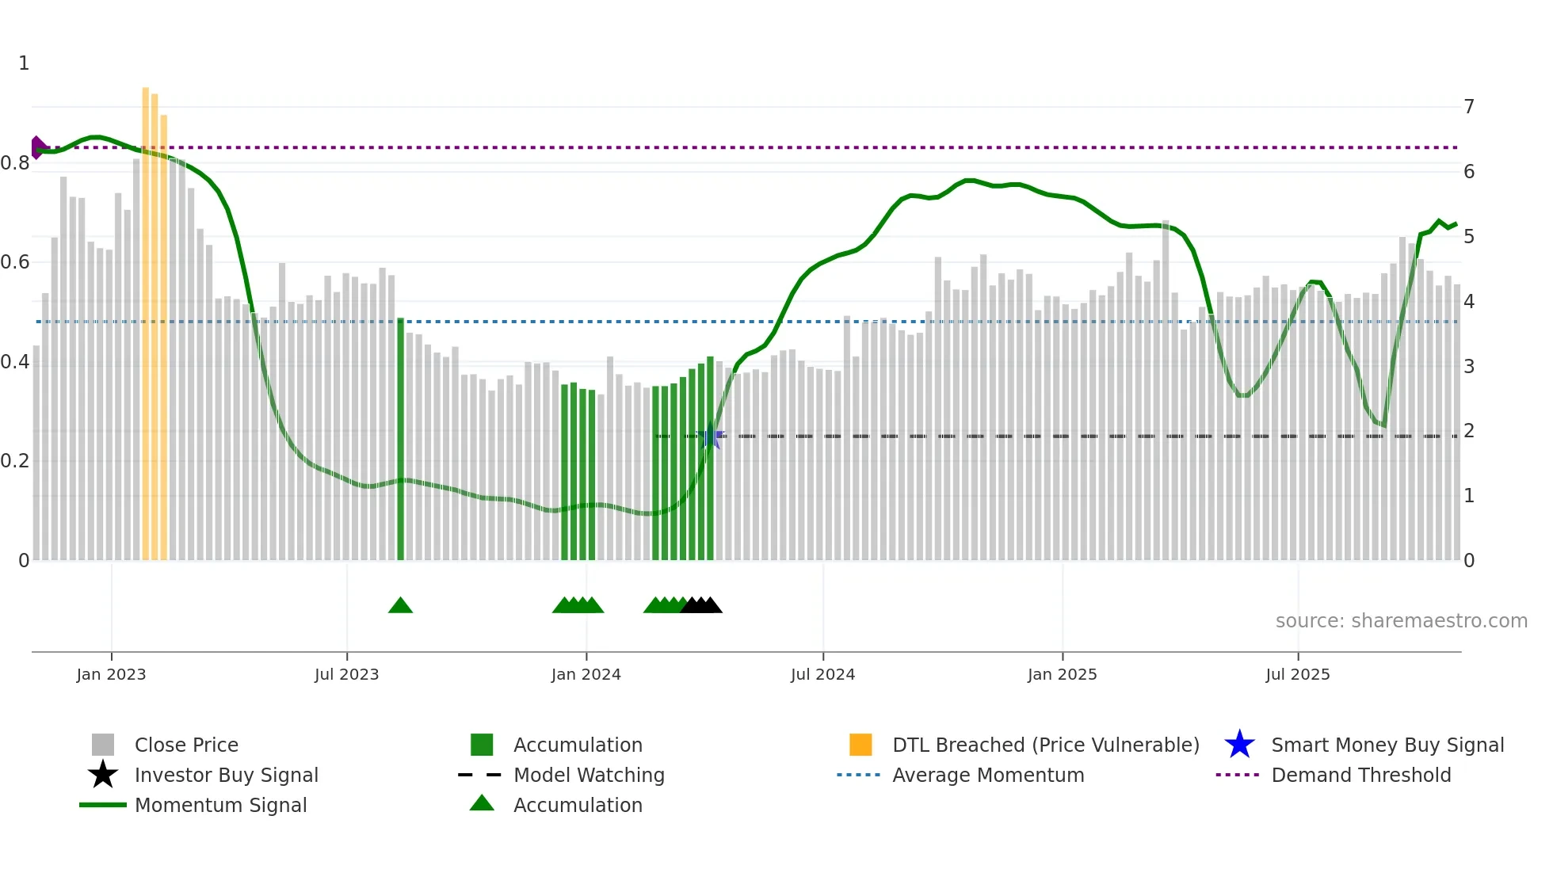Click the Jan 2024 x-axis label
(x=586, y=674)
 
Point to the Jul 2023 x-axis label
(x=346, y=674)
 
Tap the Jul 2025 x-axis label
(x=1297, y=674)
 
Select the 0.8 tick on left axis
(x=16, y=163)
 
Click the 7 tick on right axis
(x=1468, y=106)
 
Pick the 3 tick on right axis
(x=1468, y=366)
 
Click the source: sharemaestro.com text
(x=1401, y=620)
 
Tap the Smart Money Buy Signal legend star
(x=1239, y=745)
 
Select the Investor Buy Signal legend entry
(x=226, y=775)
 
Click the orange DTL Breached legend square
(x=860, y=745)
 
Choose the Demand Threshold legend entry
(x=1360, y=775)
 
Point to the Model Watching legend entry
(x=588, y=775)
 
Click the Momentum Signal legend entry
(x=220, y=805)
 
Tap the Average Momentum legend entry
(x=987, y=775)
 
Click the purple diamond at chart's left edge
(x=36, y=147)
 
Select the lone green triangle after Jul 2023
(x=400, y=606)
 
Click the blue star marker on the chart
(x=711, y=436)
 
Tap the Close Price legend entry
(x=185, y=745)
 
